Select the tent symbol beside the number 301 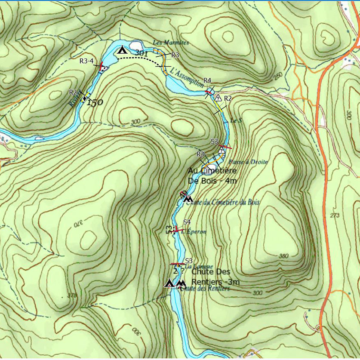point(122,50)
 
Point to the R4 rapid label point(207,80)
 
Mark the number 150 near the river point(95,103)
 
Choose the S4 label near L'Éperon point(187,222)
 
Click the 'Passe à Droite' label point(249,162)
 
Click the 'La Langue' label point(191,267)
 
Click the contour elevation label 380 point(283,256)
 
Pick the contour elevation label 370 point(76,223)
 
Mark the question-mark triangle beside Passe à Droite point(222,150)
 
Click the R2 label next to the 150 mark point(73,92)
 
